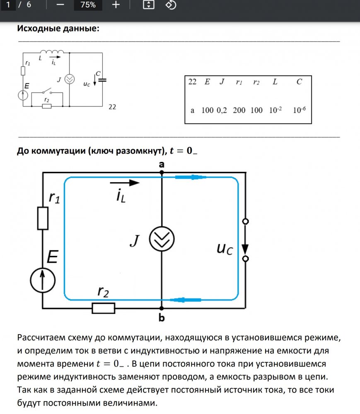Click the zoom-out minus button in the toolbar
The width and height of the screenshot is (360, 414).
click(x=60, y=5)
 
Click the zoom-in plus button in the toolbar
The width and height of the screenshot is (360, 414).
click(x=116, y=5)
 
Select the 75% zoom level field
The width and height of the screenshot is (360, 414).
click(x=88, y=5)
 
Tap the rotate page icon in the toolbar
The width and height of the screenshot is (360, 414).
click(x=171, y=5)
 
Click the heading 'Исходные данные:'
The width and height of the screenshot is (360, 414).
click(x=58, y=29)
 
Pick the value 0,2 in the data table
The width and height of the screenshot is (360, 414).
click(x=222, y=111)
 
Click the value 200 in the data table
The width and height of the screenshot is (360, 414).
click(x=239, y=111)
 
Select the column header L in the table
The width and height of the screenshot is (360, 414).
click(x=275, y=82)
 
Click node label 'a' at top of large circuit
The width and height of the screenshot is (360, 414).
click(x=162, y=164)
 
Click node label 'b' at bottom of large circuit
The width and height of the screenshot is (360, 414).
click(x=162, y=318)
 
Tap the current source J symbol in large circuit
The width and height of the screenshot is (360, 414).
click(x=162, y=240)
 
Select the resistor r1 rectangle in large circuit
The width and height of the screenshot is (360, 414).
click(x=43, y=218)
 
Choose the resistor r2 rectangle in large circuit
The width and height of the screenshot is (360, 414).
click(x=103, y=308)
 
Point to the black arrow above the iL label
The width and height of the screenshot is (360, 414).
click(x=125, y=182)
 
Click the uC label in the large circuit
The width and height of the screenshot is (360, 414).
click(x=225, y=248)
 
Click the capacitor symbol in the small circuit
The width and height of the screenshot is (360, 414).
click(x=102, y=79)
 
